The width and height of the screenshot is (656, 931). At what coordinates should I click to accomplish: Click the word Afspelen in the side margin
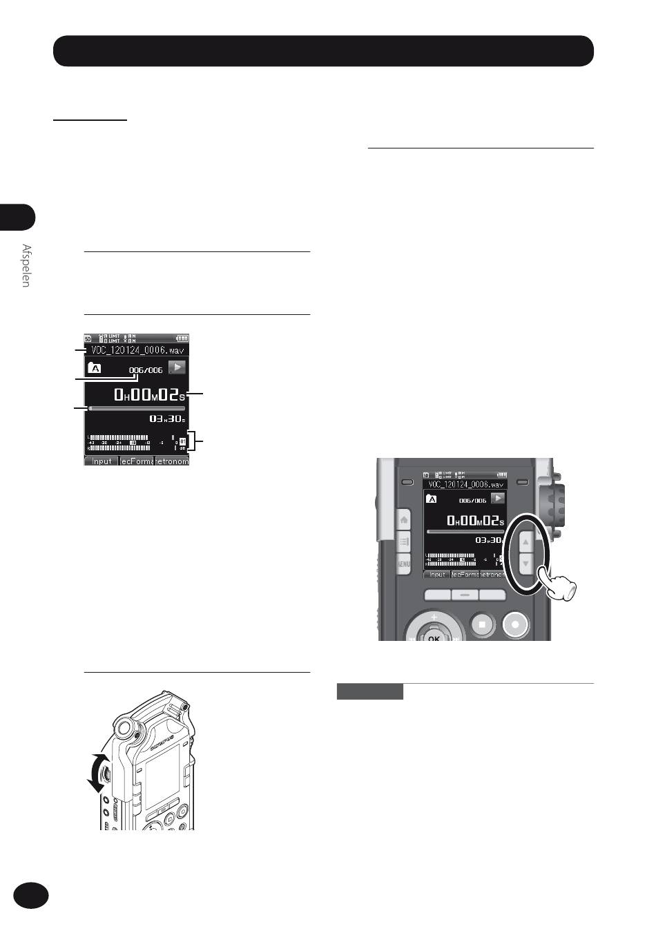26,266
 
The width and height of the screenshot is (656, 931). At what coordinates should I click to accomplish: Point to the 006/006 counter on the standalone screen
146,370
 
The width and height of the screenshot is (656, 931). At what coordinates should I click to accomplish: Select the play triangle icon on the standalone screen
177,367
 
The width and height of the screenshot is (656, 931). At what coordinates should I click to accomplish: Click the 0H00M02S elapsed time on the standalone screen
150,395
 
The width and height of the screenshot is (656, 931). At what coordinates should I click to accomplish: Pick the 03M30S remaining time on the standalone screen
166,419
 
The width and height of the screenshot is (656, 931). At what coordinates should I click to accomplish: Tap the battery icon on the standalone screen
182,338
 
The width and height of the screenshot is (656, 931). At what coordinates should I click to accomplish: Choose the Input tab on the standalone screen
102,461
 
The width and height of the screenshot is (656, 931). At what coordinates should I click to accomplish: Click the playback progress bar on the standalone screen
137,408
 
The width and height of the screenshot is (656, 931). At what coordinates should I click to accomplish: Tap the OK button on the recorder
434,637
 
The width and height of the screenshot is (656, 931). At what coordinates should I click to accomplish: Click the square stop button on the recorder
481,624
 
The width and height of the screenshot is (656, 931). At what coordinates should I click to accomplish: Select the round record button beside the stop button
514,624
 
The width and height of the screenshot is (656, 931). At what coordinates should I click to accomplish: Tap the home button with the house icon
403,519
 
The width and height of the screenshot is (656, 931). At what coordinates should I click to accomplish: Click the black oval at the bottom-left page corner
31,894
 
